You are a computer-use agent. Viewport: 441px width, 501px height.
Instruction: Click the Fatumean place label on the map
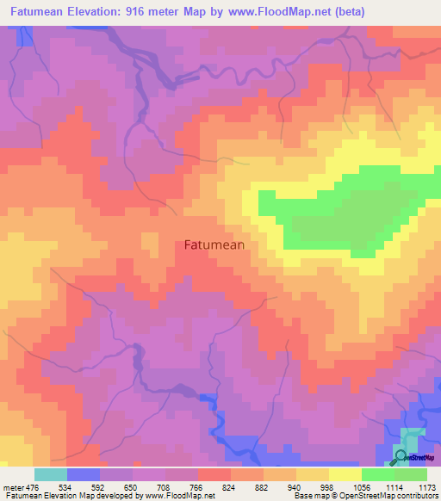214,244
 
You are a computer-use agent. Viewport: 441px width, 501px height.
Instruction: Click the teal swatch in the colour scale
51,474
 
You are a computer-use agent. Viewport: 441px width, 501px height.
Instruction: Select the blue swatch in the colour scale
84,474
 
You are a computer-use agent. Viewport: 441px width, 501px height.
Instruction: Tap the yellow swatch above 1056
345,474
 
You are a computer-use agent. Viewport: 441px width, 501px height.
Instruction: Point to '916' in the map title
134,11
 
